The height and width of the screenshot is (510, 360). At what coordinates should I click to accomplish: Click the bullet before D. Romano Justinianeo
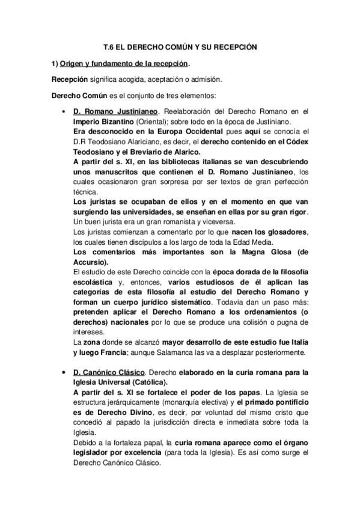(x=64, y=112)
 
